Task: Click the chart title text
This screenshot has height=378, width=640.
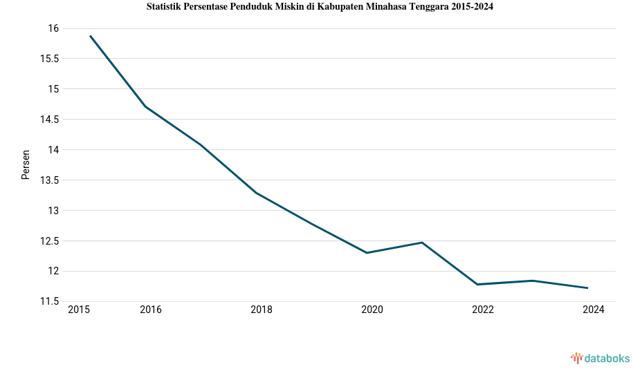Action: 320,7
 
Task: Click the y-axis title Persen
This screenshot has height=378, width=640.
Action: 26,164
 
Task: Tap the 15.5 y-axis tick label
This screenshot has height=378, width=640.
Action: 49,59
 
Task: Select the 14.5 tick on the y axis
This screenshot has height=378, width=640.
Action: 49,120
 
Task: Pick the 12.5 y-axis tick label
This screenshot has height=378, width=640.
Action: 49,241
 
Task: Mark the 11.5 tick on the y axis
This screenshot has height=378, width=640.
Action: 49,302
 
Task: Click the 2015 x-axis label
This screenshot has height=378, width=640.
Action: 79,310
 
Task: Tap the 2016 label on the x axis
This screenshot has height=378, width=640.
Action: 151,310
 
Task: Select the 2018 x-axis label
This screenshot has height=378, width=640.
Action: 262,310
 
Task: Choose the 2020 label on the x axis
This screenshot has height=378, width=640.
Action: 372,310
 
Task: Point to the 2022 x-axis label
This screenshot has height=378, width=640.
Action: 483,310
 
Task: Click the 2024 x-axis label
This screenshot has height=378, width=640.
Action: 594,310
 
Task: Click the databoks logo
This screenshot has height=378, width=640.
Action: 601,358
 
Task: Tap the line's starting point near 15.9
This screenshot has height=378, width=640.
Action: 90,35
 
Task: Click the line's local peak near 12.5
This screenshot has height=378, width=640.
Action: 422,243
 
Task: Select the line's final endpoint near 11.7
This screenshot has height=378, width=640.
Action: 587,288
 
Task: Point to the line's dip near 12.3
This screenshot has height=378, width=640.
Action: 367,253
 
